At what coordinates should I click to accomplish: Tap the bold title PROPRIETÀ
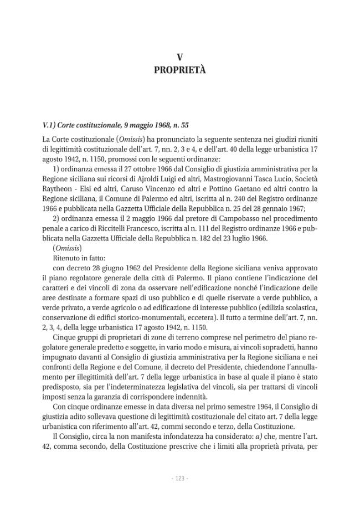(179, 70)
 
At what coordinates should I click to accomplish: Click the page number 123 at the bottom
(179, 478)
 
